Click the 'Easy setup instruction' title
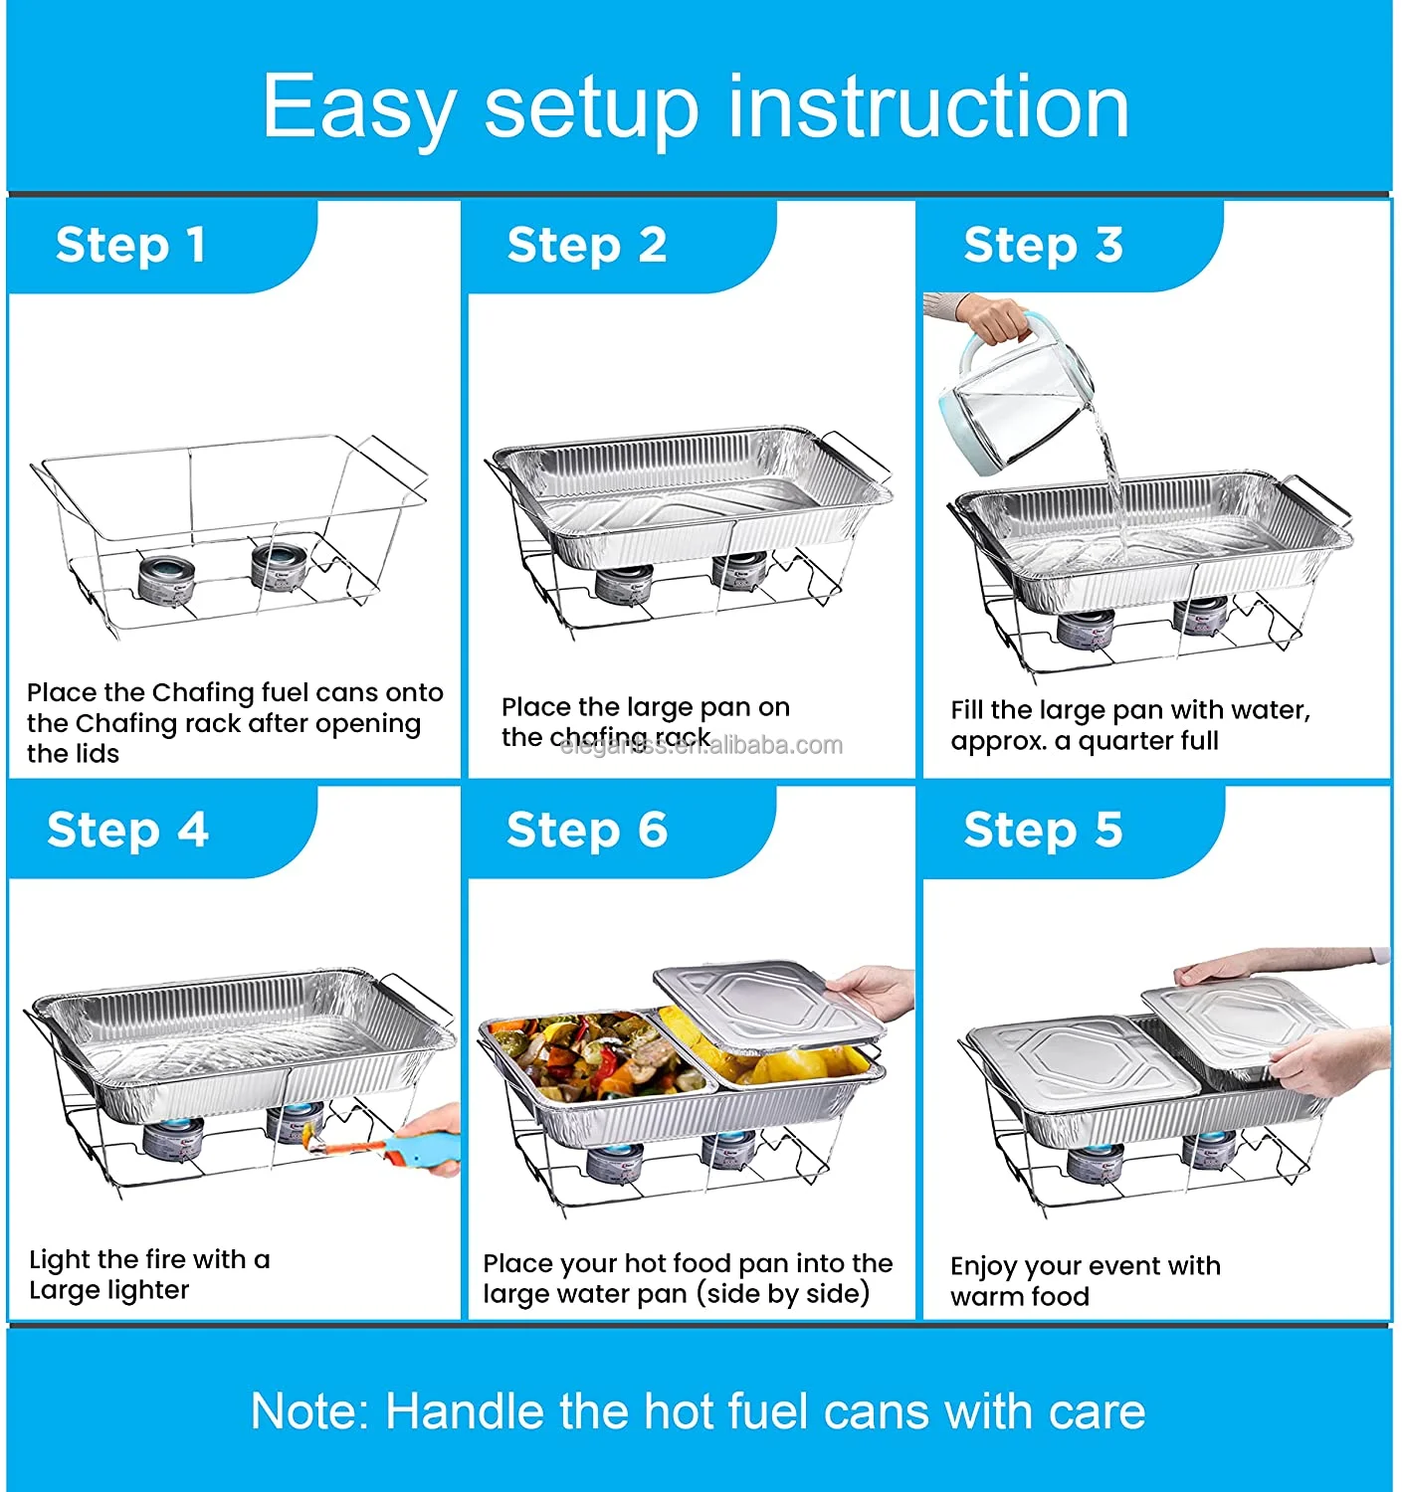click(x=696, y=106)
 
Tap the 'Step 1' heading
click(x=131, y=245)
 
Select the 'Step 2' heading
click(x=587, y=245)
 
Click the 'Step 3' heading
click(x=1043, y=245)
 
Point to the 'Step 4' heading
click(x=127, y=830)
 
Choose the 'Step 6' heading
click(x=587, y=830)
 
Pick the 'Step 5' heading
click(x=1043, y=830)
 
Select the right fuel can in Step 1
click(x=278, y=565)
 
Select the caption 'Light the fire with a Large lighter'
click(x=149, y=1274)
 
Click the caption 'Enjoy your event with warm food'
click(x=1085, y=1280)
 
